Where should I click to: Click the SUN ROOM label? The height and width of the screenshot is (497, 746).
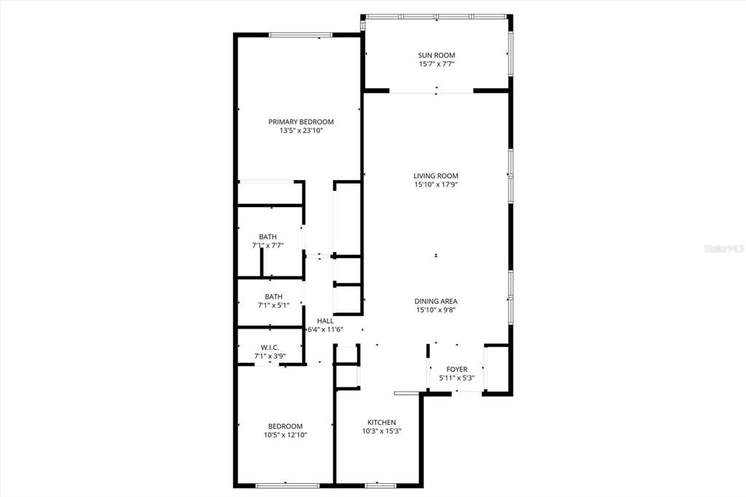coord(436,55)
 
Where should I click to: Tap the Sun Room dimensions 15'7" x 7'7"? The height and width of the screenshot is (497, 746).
coord(436,64)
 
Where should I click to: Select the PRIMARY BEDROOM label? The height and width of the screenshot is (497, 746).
coord(301,122)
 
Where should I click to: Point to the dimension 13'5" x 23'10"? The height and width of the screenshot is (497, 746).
coord(301,131)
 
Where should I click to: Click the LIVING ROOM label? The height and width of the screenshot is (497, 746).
coord(436,176)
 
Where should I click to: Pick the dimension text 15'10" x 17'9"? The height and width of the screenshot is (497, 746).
coord(436,184)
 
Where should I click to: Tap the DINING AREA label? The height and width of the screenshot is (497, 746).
coord(436,301)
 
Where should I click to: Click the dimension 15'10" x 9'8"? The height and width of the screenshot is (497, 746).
coord(436,310)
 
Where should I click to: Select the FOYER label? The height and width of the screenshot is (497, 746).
coord(457,369)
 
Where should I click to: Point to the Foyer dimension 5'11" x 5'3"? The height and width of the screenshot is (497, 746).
coord(457,378)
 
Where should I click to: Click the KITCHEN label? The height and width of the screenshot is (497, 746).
coord(381,423)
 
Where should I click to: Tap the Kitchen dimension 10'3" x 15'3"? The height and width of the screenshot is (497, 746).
coord(381,431)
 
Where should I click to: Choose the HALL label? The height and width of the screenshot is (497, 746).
coord(325,321)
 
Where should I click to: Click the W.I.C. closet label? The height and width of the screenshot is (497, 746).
coord(270,348)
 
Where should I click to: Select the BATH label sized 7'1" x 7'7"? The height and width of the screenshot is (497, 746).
coord(267,237)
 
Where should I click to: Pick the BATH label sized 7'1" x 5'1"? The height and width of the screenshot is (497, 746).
coord(273,297)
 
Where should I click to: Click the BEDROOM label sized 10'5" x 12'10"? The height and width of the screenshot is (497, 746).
coord(285,426)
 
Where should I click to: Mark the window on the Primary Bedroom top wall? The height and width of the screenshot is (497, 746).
coord(301,34)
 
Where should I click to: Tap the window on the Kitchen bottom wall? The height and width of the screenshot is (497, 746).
coord(380,485)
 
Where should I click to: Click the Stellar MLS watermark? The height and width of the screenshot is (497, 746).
coord(723,248)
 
